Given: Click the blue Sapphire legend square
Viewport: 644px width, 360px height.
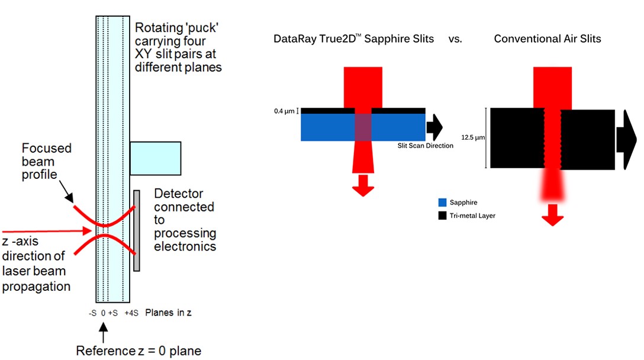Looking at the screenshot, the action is pyautogui.click(x=442, y=202).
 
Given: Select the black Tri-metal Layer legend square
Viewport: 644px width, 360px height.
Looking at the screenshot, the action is pyautogui.click(x=442, y=216).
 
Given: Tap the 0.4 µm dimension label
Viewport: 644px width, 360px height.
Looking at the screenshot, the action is pyautogui.click(x=284, y=111).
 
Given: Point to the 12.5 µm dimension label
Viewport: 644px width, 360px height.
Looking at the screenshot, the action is pyautogui.click(x=473, y=137).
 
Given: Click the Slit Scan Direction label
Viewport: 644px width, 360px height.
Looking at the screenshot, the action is pyautogui.click(x=425, y=146).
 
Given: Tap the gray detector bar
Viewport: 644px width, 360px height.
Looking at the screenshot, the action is pyautogui.click(x=137, y=230).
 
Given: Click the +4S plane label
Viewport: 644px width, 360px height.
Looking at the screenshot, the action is pyautogui.click(x=131, y=313).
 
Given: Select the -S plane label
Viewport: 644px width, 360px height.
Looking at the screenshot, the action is pyautogui.click(x=92, y=313).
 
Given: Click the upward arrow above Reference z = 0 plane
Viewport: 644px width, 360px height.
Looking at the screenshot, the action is pyautogui.click(x=104, y=332).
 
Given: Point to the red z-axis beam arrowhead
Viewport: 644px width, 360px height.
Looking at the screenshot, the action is pyautogui.click(x=87, y=231).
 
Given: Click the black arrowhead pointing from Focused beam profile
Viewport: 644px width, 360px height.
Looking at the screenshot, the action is pyautogui.click(x=69, y=198).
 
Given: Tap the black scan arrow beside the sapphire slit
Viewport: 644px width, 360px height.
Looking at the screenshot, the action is pyautogui.click(x=434, y=127).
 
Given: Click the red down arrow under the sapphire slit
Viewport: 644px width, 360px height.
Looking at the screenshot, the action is pyautogui.click(x=363, y=186).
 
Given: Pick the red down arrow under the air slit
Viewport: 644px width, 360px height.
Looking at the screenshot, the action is pyautogui.click(x=552, y=215).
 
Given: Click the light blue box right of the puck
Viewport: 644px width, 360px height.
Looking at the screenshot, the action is pyautogui.click(x=156, y=159).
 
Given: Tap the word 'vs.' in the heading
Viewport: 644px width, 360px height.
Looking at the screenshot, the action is pyautogui.click(x=456, y=39).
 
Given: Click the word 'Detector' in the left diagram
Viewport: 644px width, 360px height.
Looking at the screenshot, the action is pyautogui.click(x=179, y=194).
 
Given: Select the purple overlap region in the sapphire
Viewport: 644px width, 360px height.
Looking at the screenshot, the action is pyautogui.click(x=363, y=127).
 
